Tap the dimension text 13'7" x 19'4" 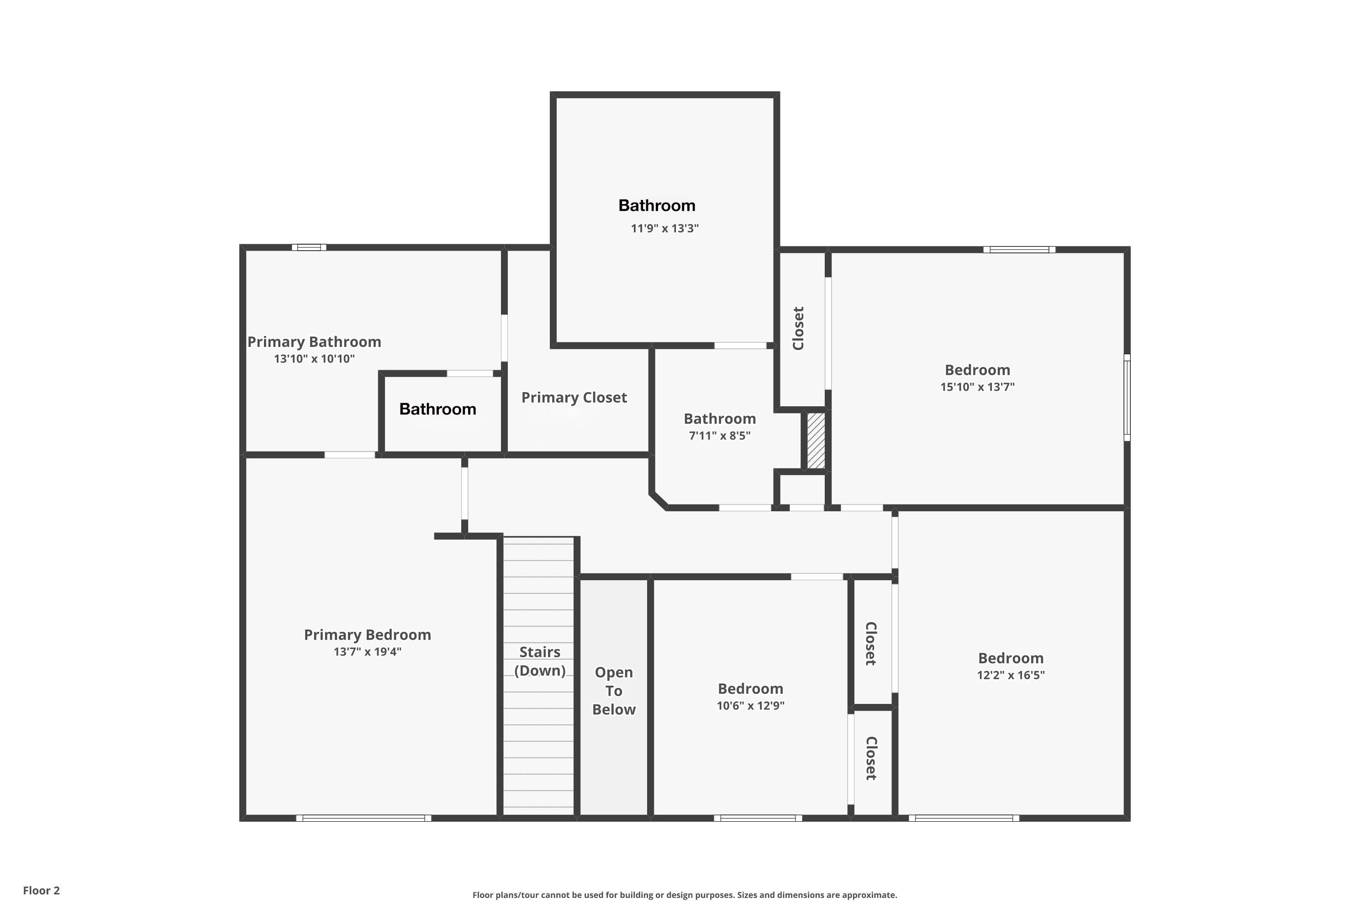click(368, 651)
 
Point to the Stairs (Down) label click(540, 661)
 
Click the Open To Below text click(614, 691)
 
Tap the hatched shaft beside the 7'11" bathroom click(816, 440)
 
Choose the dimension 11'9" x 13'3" click(664, 228)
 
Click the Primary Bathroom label click(315, 342)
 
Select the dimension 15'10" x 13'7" click(977, 387)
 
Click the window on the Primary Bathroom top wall click(309, 247)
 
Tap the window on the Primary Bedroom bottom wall click(364, 818)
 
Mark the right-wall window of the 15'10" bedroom click(1127, 397)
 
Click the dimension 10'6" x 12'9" click(750, 706)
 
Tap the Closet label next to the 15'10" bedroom click(799, 328)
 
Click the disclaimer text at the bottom click(685, 895)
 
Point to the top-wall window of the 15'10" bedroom click(1019, 250)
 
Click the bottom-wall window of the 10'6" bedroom click(758, 818)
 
